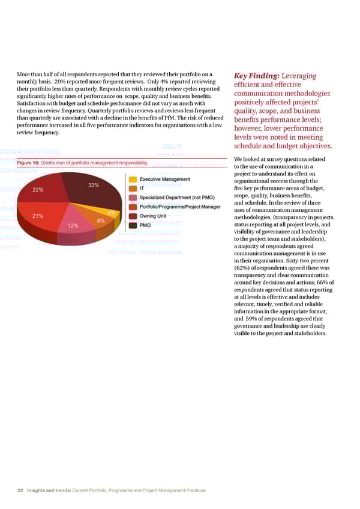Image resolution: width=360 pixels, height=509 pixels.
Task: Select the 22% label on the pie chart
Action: coord(38,190)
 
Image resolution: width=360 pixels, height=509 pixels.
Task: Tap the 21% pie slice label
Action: coord(37,216)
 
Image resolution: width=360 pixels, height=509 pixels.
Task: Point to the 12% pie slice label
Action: coord(73,226)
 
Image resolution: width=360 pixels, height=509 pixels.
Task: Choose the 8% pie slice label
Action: coord(101,221)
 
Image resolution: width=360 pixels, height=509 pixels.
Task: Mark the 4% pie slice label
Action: coord(112,213)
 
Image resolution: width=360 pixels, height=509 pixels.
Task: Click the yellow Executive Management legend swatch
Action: coord(133,179)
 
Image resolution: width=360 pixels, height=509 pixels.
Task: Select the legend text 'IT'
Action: coord(142,188)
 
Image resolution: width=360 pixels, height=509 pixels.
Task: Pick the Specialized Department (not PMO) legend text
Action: coord(177,197)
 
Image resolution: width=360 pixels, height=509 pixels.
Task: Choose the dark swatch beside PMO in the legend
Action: coord(133,226)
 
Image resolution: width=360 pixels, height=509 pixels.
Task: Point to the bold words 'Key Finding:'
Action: coord(255,76)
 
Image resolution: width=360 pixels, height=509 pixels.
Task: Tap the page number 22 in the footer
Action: coord(20,490)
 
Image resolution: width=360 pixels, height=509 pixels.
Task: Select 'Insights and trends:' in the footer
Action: coord(48,490)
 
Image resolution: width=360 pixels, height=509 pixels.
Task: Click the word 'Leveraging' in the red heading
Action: coord(302,76)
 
